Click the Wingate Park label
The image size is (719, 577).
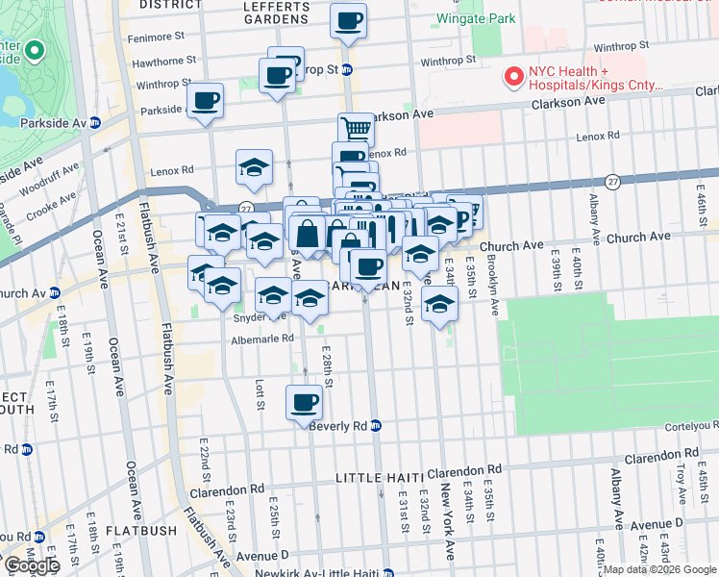point(475,18)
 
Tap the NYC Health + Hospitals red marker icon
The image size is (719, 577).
point(513,76)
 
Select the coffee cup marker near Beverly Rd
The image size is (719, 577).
point(305,402)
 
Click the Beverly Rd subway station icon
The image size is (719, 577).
point(376,425)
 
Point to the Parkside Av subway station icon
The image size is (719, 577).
point(95,122)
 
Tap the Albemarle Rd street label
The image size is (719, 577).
point(261,339)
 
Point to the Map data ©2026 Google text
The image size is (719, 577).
point(659,569)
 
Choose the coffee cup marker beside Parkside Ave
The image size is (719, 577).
point(206,101)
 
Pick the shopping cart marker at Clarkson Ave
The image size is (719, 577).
point(356,127)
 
